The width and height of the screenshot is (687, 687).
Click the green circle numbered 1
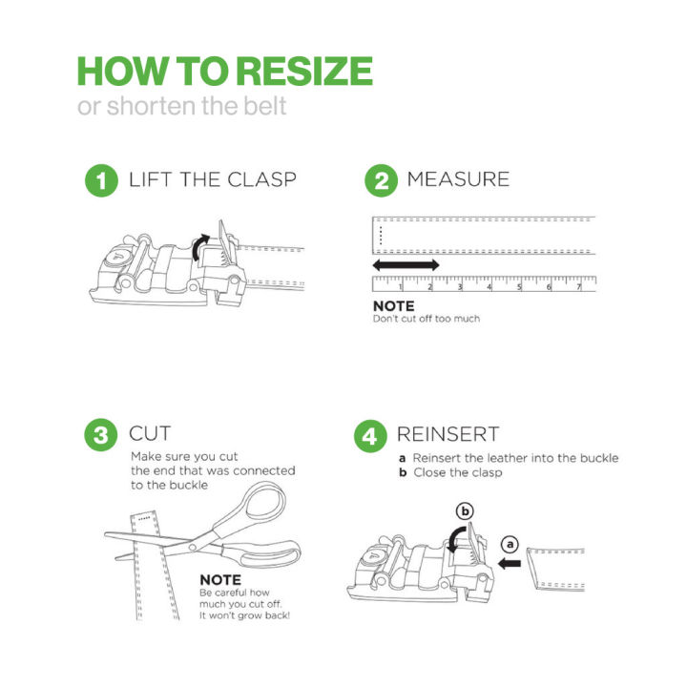pyautogui.click(x=101, y=180)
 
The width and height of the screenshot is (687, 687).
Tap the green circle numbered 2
pyautogui.click(x=381, y=180)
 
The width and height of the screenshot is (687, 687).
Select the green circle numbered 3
pyautogui.click(x=101, y=435)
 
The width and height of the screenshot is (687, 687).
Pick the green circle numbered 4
pyautogui.click(x=370, y=436)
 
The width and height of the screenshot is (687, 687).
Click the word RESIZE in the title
pyautogui.click(x=306, y=71)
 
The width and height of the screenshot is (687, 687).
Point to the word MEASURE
pyautogui.click(x=458, y=179)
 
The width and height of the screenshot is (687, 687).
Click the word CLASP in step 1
pyautogui.click(x=261, y=179)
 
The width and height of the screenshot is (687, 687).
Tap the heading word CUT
pyautogui.click(x=150, y=434)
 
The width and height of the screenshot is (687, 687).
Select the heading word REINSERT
pyautogui.click(x=448, y=434)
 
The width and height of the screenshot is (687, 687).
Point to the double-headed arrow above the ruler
pyautogui.click(x=406, y=264)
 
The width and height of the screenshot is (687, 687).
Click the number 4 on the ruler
pyautogui.click(x=489, y=287)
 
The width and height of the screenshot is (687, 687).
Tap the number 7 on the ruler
pyautogui.click(x=579, y=287)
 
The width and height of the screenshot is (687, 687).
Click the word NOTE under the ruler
pyautogui.click(x=393, y=306)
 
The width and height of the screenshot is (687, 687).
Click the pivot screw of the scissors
pyautogui.click(x=192, y=547)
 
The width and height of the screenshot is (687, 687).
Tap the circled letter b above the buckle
pyautogui.click(x=465, y=511)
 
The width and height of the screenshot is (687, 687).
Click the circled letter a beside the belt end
pyautogui.click(x=510, y=545)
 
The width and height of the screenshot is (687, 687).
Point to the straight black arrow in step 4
pyautogui.click(x=510, y=564)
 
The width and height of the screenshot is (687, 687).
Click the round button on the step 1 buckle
pyautogui.click(x=117, y=258)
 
